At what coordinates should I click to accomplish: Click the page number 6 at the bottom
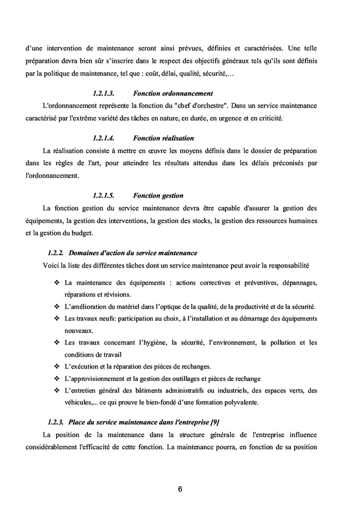(180, 489)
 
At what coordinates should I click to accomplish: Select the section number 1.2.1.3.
(103, 94)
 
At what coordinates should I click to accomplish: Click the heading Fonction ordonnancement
(166, 94)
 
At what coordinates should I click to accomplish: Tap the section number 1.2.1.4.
(103, 138)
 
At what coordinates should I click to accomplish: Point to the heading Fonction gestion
(158, 196)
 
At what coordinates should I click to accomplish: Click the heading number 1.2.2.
(55, 253)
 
